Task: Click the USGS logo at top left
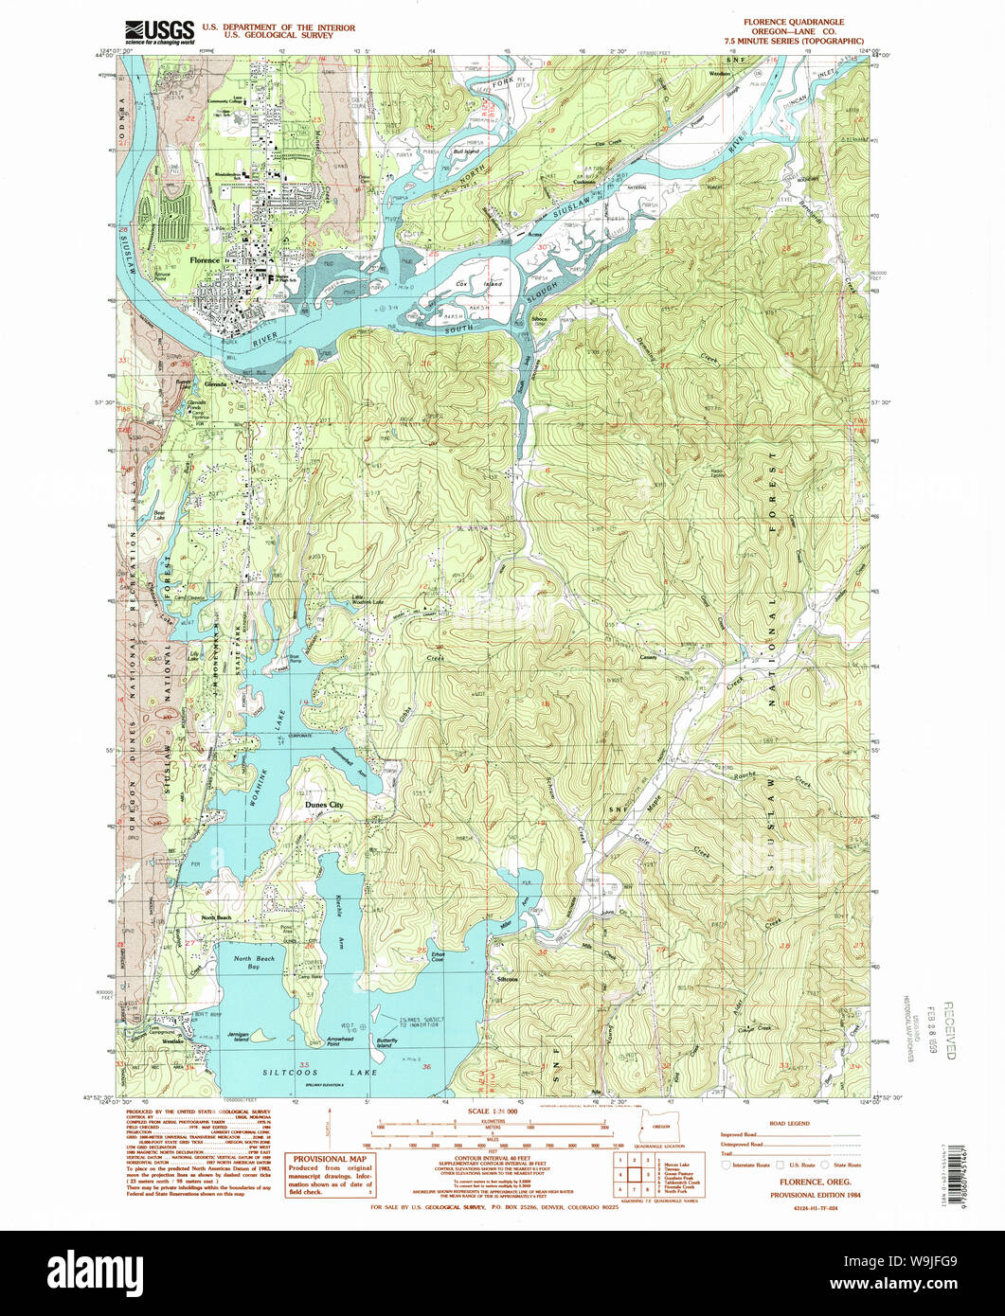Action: click(160, 32)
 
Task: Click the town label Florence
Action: click(204, 259)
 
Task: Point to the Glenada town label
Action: click(217, 384)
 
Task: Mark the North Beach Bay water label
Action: click(254, 963)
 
